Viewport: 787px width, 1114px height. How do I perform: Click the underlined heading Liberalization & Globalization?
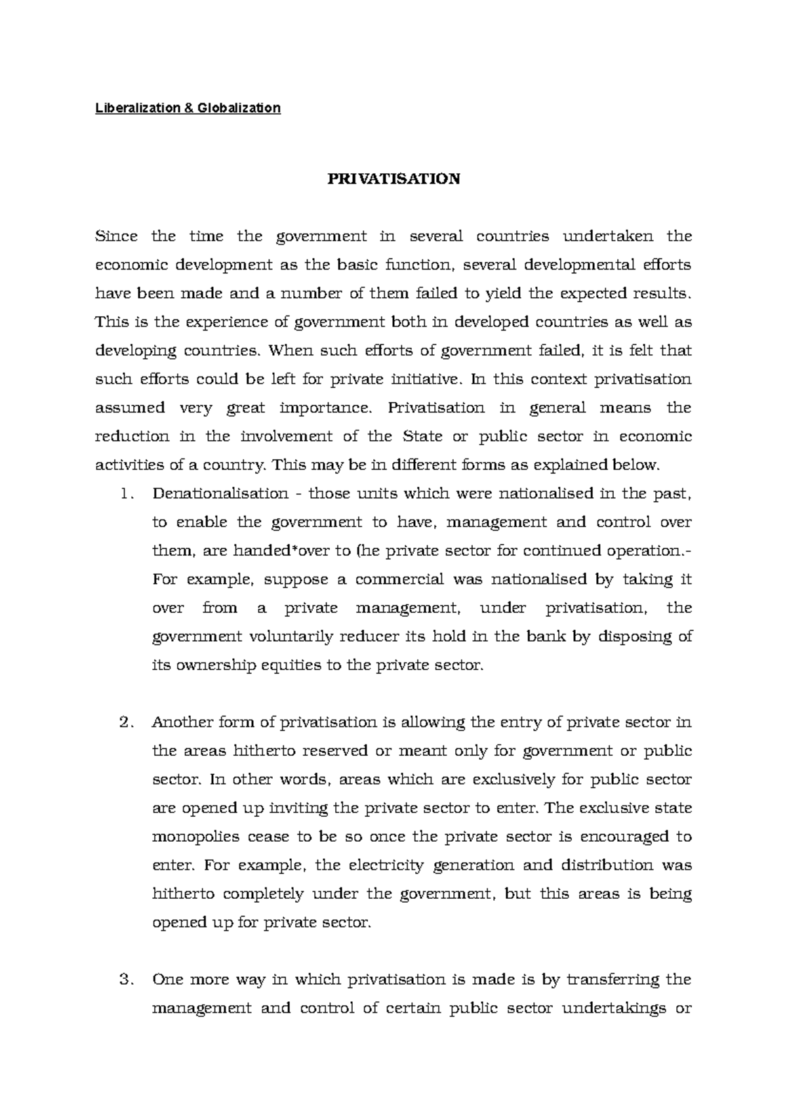pyautogui.click(x=188, y=108)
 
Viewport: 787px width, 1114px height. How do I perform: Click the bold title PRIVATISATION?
pyautogui.click(x=393, y=178)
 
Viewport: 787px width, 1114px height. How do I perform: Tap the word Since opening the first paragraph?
pyautogui.click(x=116, y=236)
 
